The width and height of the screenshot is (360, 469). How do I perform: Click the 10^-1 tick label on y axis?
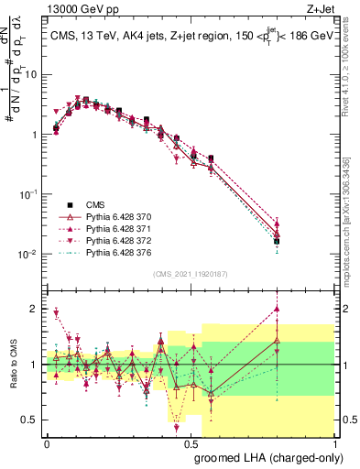27,194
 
